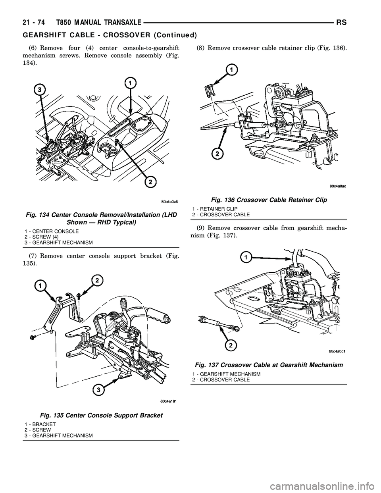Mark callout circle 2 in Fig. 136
coord(216,153)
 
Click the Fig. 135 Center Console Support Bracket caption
coord(101,415)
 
